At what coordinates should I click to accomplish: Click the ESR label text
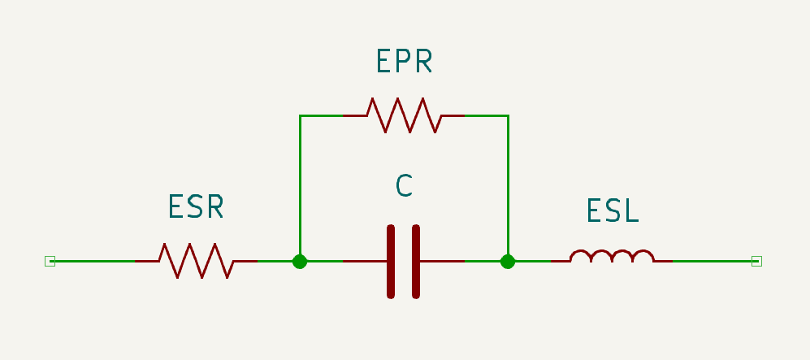click(x=196, y=206)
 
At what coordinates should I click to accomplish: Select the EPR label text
click(x=404, y=60)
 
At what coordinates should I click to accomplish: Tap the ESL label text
click(x=613, y=210)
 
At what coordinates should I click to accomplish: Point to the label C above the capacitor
click(x=404, y=185)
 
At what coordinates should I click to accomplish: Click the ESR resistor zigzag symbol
click(x=197, y=261)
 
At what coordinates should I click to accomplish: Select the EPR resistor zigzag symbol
click(x=404, y=115)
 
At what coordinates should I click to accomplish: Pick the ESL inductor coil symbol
click(x=612, y=256)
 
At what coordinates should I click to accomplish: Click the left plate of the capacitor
click(x=391, y=262)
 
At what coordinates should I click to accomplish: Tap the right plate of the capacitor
click(x=416, y=262)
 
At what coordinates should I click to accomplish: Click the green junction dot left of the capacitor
click(x=300, y=262)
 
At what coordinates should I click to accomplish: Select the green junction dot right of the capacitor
click(x=508, y=262)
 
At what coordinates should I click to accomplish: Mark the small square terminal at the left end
click(x=50, y=262)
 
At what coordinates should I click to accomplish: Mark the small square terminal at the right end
click(x=757, y=262)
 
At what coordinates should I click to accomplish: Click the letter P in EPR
click(x=404, y=60)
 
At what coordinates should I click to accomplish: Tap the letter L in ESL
click(x=632, y=210)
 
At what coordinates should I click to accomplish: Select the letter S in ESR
click(x=195, y=206)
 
